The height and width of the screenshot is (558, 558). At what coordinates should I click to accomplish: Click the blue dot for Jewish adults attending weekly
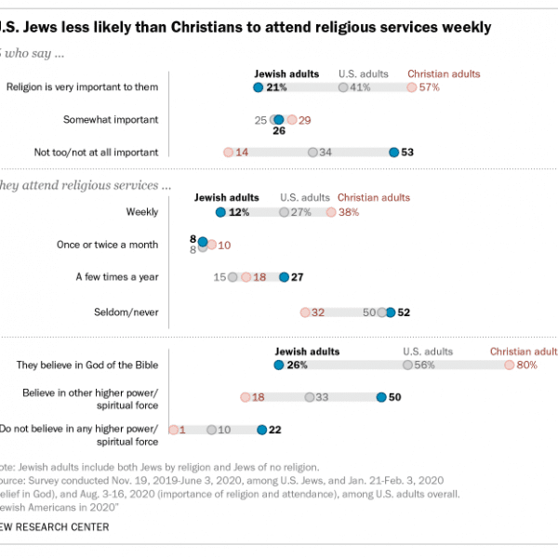pyautogui.click(x=220, y=212)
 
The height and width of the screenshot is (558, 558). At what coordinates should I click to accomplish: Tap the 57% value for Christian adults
pyautogui.click(x=428, y=87)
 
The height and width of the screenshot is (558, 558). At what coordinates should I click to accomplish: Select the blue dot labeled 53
pyautogui.click(x=394, y=152)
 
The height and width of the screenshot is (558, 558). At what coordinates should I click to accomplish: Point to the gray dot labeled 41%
pyautogui.click(x=343, y=87)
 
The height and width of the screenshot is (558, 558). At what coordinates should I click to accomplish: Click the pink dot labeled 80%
pyautogui.click(x=509, y=365)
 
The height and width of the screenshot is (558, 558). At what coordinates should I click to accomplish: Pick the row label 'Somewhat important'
pyautogui.click(x=111, y=120)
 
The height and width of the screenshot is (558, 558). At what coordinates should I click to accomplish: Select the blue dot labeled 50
pyautogui.click(x=381, y=397)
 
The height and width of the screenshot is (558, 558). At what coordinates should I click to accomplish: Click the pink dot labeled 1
pyautogui.click(x=173, y=430)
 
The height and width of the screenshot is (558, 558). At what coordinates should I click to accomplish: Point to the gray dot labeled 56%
pyautogui.click(x=406, y=365)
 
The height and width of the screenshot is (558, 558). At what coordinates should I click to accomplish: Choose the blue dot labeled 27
pyautogui.click(x=285, y=276)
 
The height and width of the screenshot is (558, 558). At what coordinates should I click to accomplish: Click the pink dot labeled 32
pyautogui.click(x=304, y=312)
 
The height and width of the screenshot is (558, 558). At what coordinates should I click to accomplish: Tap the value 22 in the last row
pyautogui.click(x=274, y=430)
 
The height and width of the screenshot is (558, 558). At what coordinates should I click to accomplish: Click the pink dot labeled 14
pyautogui.click(x=227, y=152)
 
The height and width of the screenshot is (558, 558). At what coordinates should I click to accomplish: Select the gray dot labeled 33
pyautogui.click(x=309, y=397)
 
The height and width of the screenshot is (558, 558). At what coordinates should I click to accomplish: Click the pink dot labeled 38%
pyautogui.click(x=331, y=212)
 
